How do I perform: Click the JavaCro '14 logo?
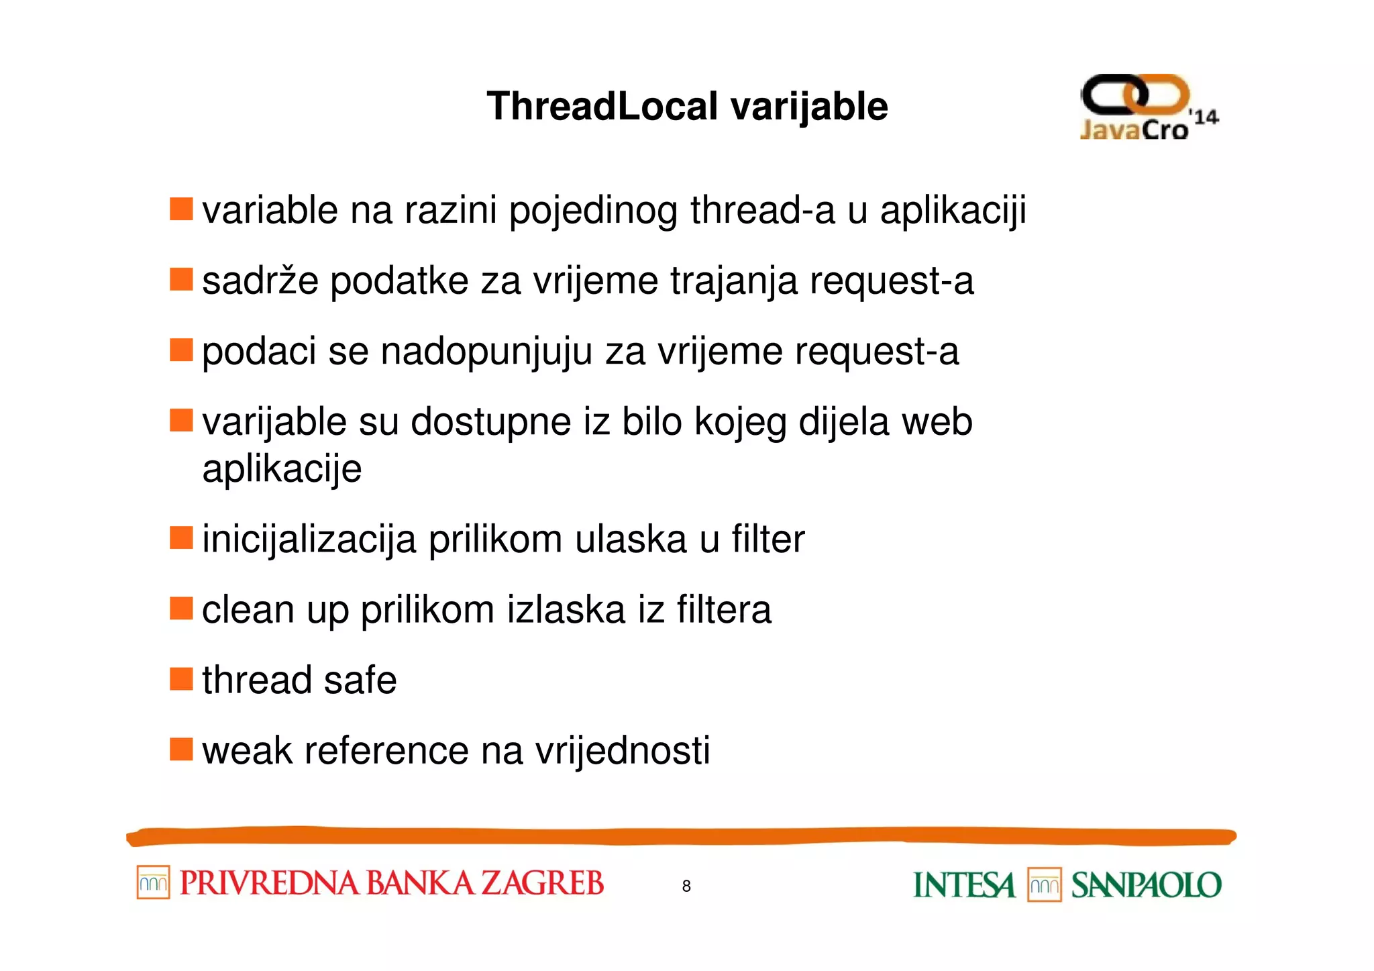pos(1148,107)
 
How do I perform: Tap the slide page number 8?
pos(686,886)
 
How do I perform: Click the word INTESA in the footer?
pos(964,885)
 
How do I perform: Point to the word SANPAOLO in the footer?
pos(1146,885)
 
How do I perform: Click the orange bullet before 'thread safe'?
pos(181,679)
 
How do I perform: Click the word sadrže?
pos(260,280)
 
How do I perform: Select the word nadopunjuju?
pos(486,352)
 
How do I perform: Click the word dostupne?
pos(490,422)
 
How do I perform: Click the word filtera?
pos(724,609)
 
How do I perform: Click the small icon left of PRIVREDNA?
pos(153,882)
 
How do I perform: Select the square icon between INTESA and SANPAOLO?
pos(1044,885)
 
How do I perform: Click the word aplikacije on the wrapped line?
pos(282,468)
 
